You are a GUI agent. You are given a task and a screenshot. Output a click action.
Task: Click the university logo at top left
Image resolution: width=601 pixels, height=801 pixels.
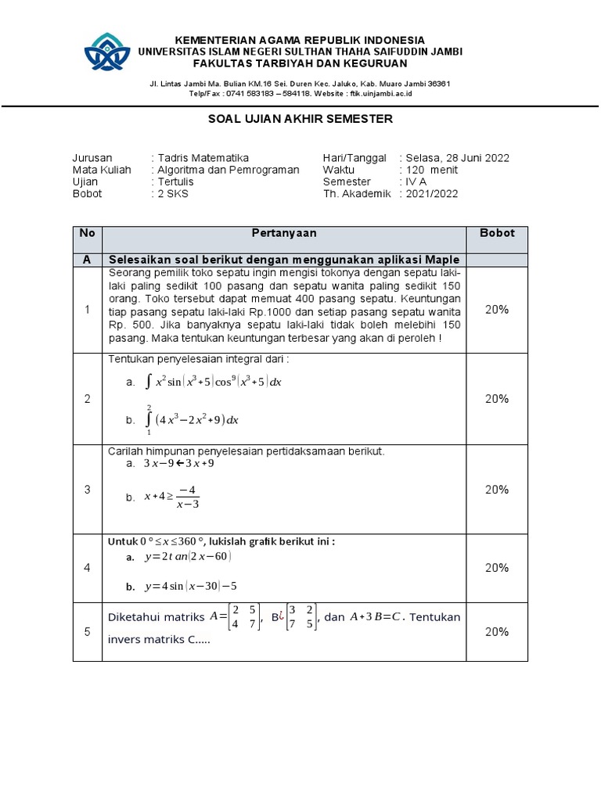pos(111,52)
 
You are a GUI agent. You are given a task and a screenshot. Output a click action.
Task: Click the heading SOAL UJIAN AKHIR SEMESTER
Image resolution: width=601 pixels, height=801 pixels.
pos(300,119)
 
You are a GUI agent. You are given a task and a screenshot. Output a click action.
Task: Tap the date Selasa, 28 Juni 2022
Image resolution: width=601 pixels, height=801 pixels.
pos(457,158)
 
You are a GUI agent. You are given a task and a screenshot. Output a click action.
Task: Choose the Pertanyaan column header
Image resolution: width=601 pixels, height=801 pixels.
pos(284,233)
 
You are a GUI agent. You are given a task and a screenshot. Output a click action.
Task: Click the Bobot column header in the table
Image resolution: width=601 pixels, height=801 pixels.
pos(497,233)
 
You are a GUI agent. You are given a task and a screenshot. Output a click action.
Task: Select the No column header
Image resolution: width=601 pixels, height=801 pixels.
pos(87,233)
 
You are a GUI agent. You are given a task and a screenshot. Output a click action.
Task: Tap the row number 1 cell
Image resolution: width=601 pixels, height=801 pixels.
pos(87,310)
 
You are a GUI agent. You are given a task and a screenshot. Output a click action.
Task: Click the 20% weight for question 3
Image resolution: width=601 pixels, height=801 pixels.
pos(497,490)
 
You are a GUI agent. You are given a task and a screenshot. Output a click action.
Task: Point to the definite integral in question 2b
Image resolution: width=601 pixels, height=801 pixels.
pos(193,419)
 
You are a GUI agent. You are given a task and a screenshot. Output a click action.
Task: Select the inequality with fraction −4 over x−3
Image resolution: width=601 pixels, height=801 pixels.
pos(173,497)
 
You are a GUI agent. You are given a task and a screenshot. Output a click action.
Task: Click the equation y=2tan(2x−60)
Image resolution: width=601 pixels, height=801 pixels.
pos(188,556)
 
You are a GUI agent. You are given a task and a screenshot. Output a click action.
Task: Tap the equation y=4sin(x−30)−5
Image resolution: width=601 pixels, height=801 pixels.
pos(192,586)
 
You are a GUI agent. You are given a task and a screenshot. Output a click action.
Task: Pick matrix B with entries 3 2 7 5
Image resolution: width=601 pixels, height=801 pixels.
pos(299,617)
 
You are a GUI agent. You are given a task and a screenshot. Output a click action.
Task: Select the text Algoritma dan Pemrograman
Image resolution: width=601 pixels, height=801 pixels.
pos(228,170)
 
